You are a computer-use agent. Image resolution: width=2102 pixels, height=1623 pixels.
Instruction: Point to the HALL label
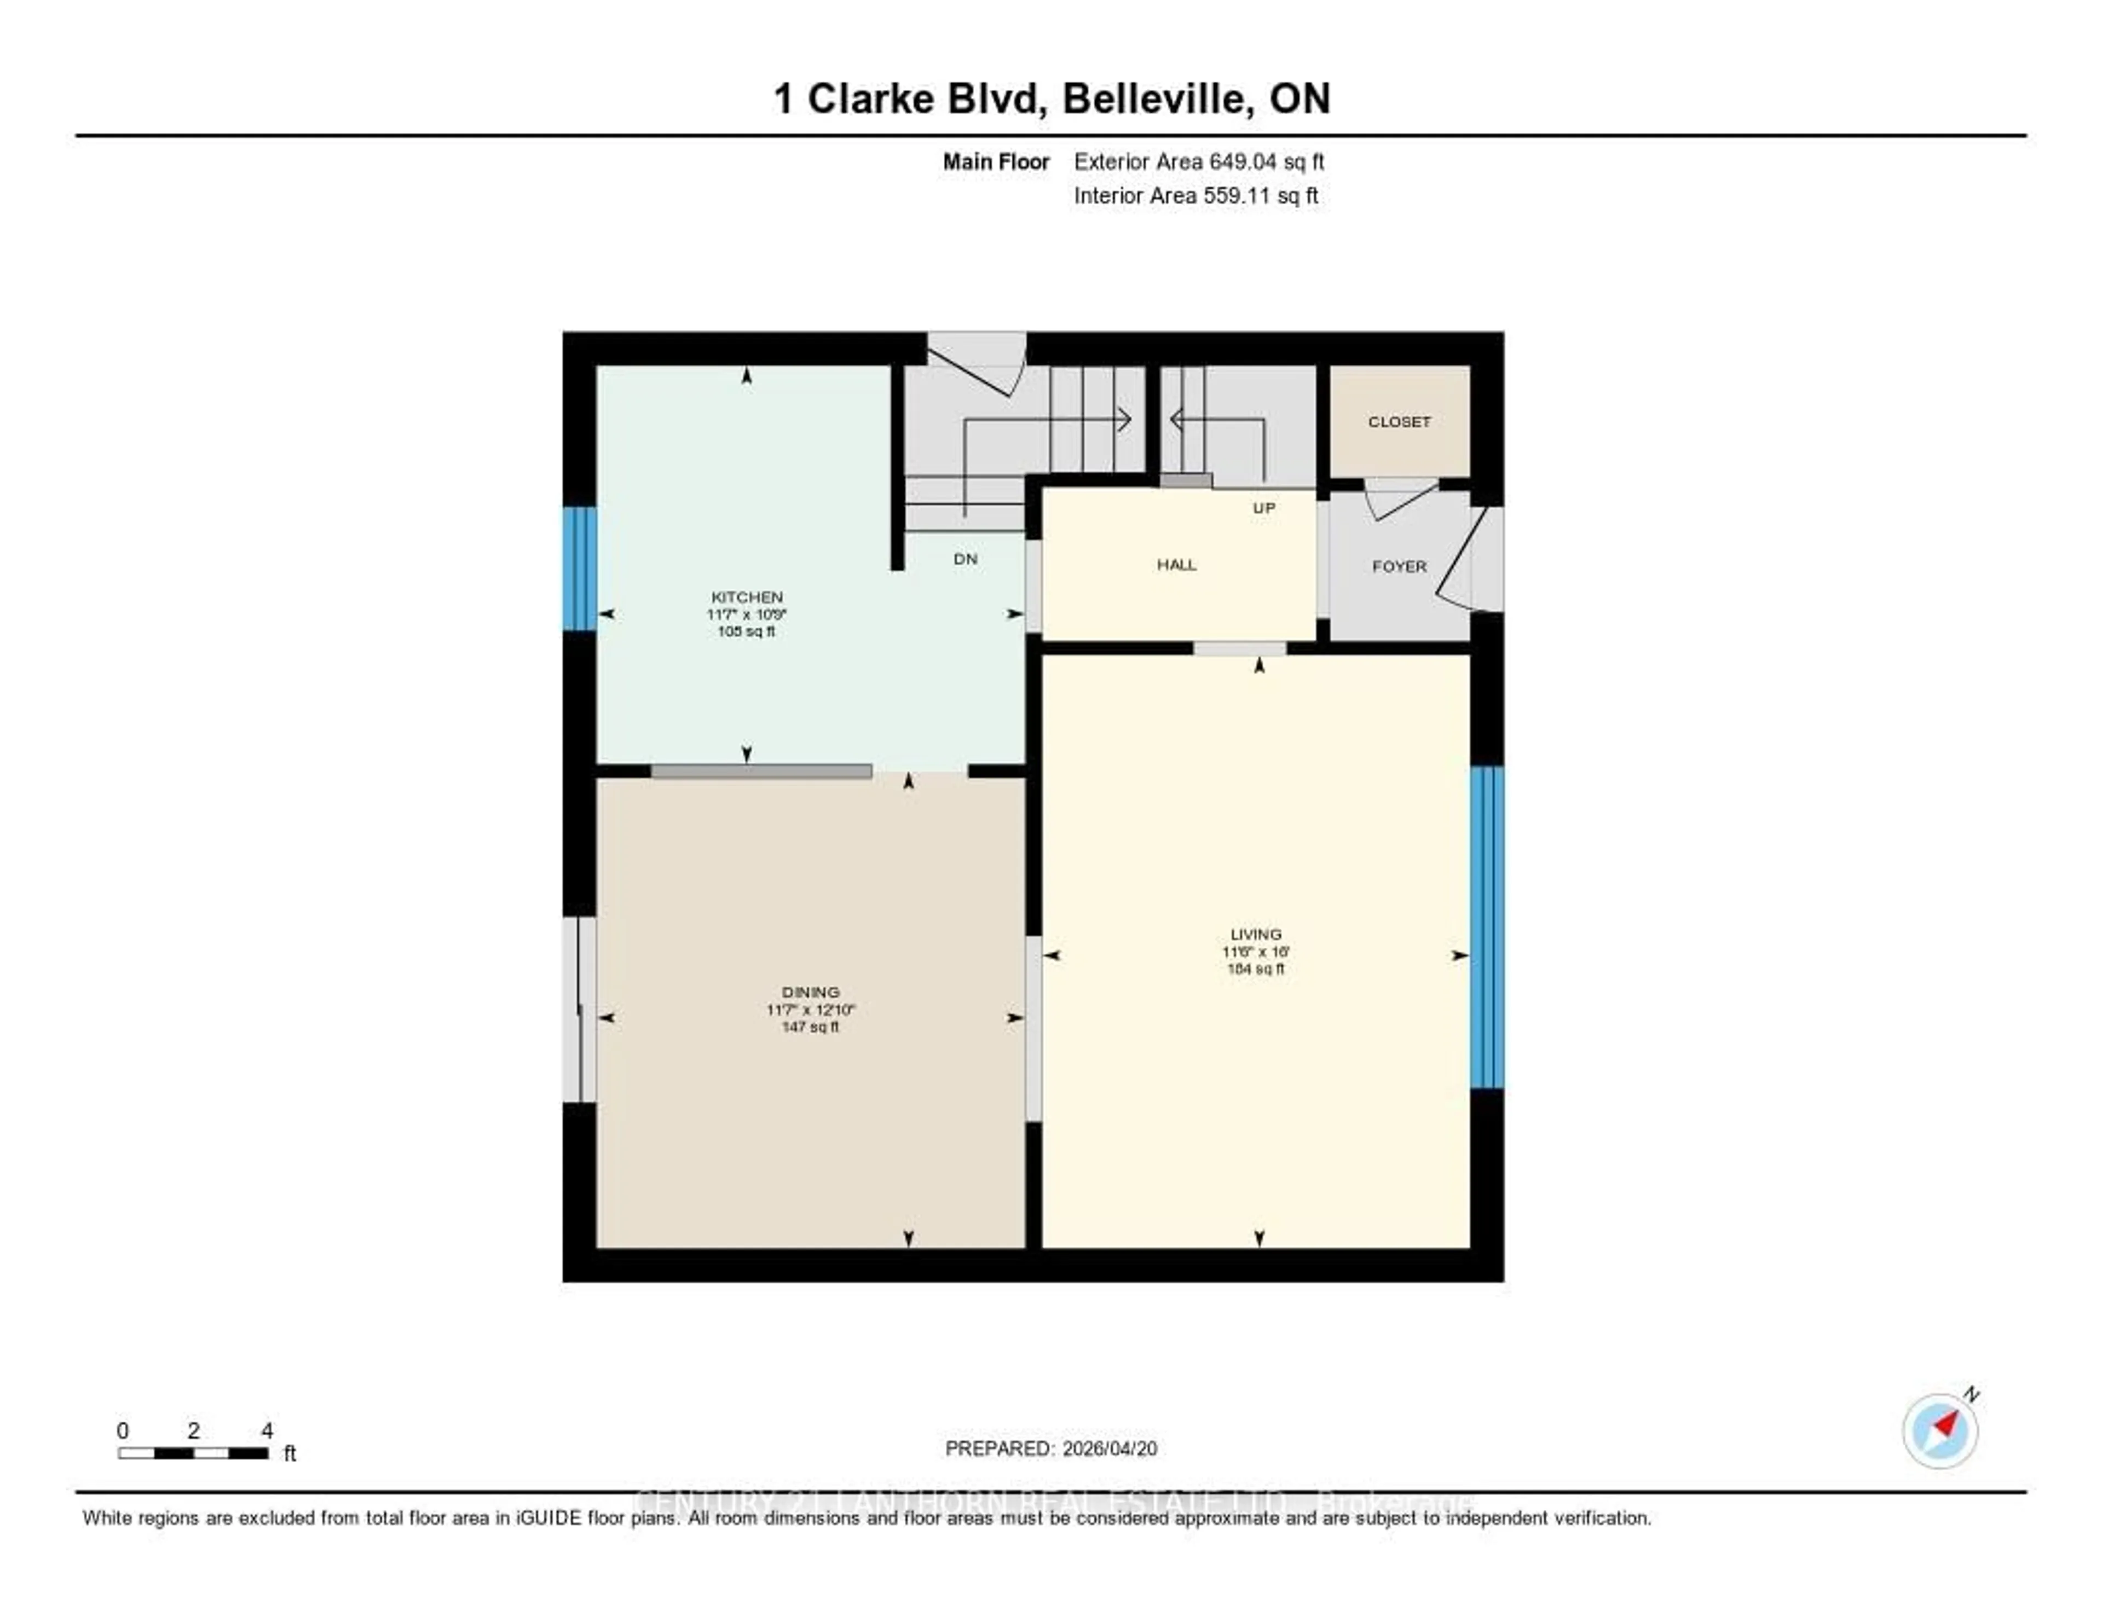[x=1176, y=565]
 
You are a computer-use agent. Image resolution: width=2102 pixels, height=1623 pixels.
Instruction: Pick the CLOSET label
[x=1399, y=421]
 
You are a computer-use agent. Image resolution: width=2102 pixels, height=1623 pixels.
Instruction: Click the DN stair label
[x=966, y=559]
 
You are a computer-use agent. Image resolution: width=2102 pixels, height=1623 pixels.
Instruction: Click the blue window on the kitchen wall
[x=579, y=569]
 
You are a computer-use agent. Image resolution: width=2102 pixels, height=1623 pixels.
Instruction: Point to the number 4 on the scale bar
[x=267, y=1430]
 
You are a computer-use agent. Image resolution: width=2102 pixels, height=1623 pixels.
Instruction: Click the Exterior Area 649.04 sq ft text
[x=1198, y=161]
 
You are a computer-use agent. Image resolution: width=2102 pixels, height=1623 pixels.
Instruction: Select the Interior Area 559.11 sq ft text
[x=1196, y=196]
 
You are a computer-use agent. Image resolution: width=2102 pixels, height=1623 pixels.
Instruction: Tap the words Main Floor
[x=995, y=161]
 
